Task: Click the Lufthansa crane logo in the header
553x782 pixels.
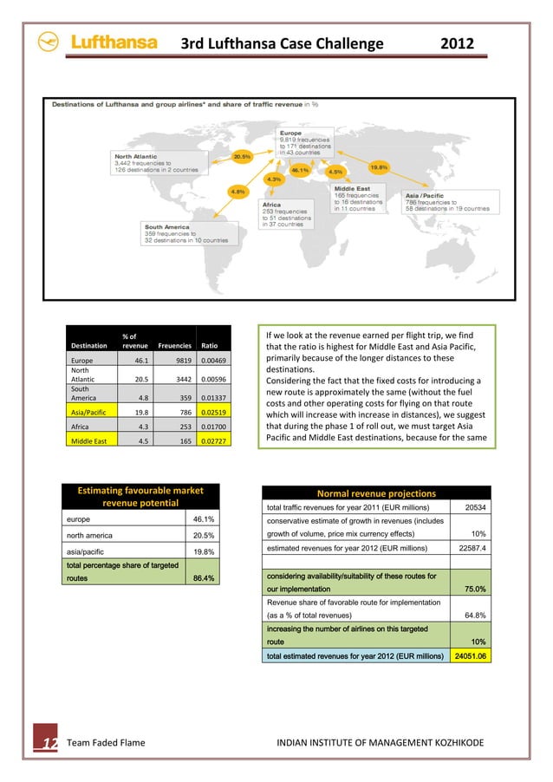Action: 49,42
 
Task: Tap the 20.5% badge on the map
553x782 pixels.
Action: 242,157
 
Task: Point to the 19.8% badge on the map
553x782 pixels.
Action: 379,167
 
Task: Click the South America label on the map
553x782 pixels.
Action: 166,227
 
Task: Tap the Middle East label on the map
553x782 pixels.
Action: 354,188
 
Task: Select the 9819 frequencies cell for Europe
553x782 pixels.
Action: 178,361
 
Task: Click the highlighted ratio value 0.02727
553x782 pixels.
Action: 213,440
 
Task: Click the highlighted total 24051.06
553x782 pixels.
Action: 472,656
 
